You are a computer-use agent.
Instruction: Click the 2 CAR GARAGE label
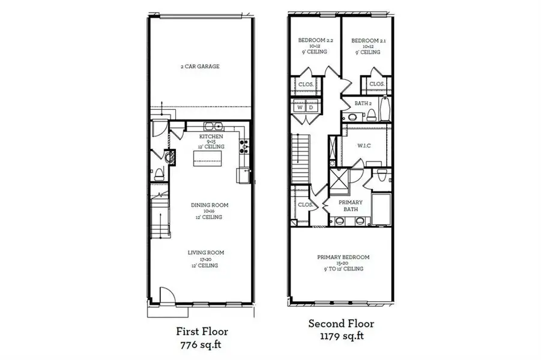[201, 67]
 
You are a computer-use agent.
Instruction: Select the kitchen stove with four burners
[244, 144]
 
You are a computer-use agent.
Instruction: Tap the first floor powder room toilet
[159, 175]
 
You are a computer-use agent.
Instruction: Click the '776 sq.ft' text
[202, 345]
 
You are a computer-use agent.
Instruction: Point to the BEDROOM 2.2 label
[315, 46]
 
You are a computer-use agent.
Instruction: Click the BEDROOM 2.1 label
[367, 46]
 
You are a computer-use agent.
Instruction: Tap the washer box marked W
[301, 109]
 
